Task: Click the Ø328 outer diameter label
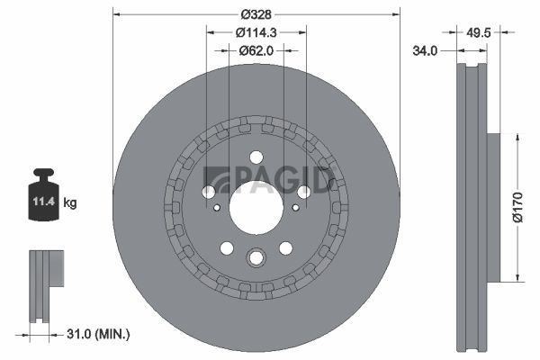tap(256, 14)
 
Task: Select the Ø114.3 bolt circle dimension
tap(256, 32)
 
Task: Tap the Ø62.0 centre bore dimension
tap(256, 50)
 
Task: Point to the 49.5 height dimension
tap(479, 32)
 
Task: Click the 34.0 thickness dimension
tap(425, 51)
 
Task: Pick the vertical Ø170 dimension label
tap(517, 207)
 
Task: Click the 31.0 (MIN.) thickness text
tap(98, 334)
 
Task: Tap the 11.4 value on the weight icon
tap(44, 202)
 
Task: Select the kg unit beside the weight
tap(70, 202)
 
